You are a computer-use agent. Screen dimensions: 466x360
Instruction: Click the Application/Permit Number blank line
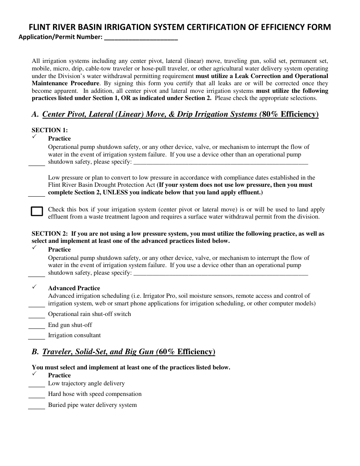(141, 39)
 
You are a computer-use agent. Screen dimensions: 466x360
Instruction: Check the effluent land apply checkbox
(37, 211)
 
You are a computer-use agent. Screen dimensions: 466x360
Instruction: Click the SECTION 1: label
(50, 130)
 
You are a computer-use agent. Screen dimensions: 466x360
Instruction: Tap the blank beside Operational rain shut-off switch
(37, 316)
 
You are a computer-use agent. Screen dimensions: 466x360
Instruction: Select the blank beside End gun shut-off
(37, 327)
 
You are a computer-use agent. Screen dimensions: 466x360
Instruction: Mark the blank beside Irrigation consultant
(37, 338)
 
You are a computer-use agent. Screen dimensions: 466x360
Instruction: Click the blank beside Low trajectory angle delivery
(37, 386)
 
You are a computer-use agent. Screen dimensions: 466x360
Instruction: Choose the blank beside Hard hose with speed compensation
(37, 396)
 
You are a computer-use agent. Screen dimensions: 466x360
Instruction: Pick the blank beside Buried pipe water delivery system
(37, 407)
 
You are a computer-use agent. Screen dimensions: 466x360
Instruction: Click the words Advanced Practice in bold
(74, 288)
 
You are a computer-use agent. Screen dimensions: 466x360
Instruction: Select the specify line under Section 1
(221, 164)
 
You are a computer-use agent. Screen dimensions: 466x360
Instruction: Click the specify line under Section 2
(221, 275)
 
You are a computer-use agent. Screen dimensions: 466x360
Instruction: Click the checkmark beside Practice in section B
(34, 374)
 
